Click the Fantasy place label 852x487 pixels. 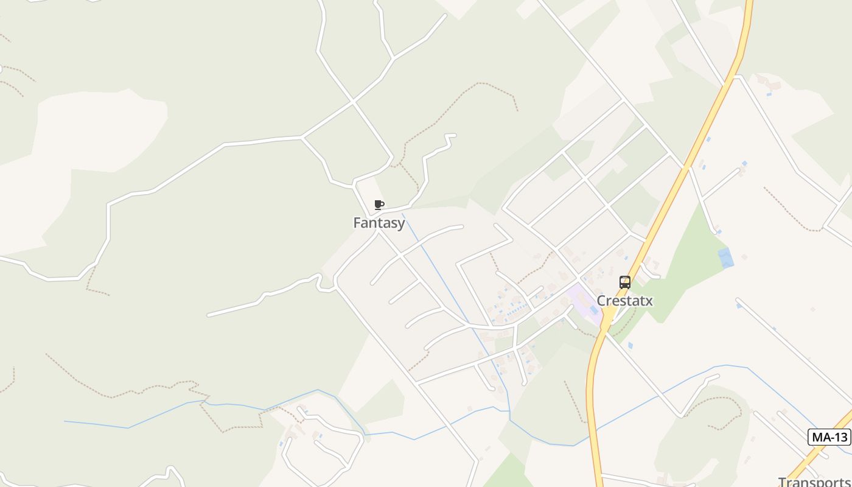[379, 223]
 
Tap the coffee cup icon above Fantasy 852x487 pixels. [379, 205]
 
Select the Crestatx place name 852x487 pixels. [624, 301]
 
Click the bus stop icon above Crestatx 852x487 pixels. [625, 282]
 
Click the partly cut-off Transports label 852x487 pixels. [814, 481]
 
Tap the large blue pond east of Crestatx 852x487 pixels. [725, 258]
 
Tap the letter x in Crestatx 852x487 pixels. [649, 301]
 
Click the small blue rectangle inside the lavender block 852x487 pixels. [593, 310]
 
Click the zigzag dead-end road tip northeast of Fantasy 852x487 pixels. [451, 135]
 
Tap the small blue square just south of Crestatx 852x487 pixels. [630, 345]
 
